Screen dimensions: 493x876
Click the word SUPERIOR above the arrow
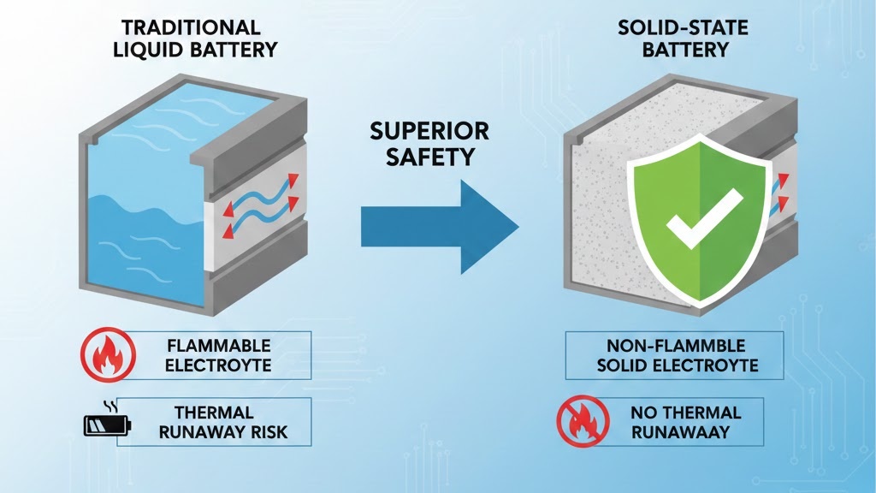tap(429, 131)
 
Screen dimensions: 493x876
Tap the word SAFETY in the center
tap(429, 157)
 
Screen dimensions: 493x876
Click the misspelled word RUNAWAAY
tap(682, 431)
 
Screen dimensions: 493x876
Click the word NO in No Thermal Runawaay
tap(643, 412)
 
